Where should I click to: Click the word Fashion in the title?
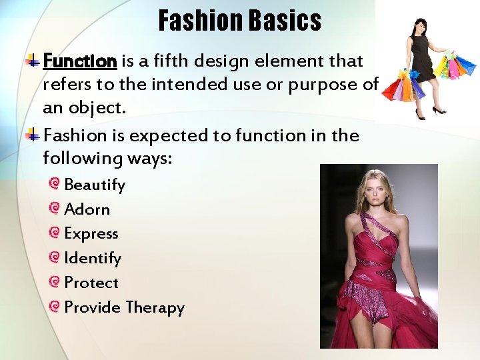click(201, 20)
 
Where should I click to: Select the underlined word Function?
click(80, 61)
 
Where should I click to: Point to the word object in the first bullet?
click(97, 108)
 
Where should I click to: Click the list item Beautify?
click(95, 185)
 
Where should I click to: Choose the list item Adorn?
click(87, 209)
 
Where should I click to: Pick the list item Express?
click(91, 234)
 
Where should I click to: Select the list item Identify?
click(93, 259)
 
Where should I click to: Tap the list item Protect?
click(91, 283)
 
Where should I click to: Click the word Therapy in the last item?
click(155, 307)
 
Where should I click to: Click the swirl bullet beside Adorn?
click(54, 208)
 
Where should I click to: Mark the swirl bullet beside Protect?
click(54, 281)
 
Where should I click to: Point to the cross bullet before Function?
click(33, 60)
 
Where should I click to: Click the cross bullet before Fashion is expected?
click(33, 135)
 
